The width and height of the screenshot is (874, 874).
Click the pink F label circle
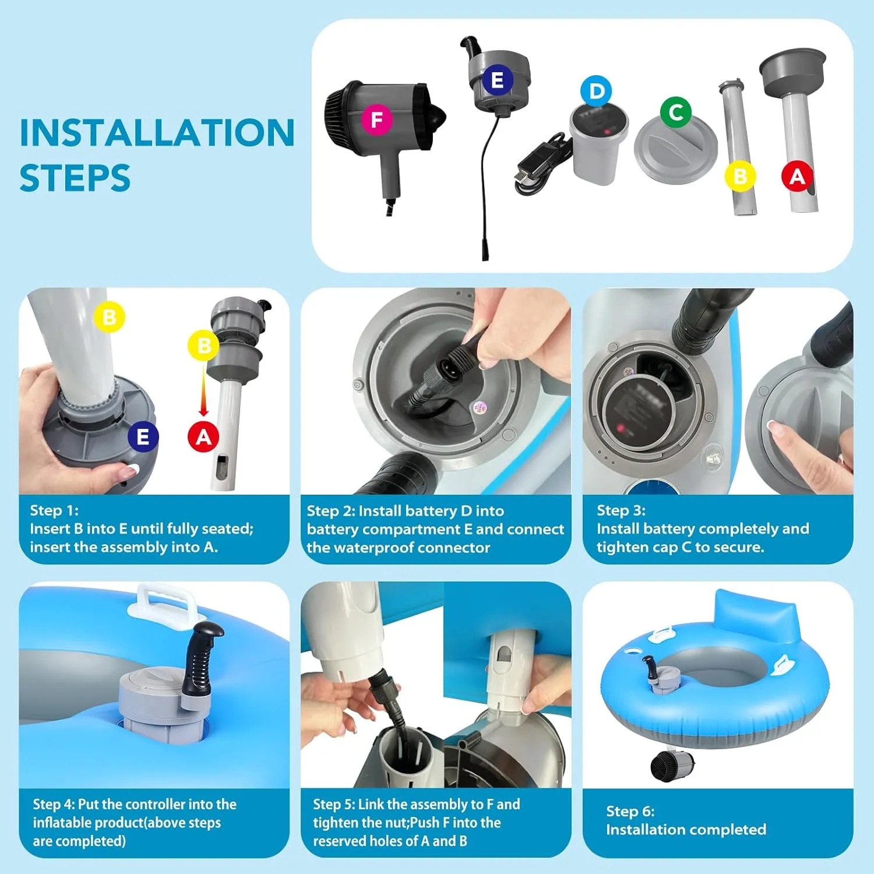tap(377, 120)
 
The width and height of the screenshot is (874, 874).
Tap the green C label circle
tap(676, 112)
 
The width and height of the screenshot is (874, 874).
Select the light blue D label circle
tap(597, 91)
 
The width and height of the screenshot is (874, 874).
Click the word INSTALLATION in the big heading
tap(157, 133)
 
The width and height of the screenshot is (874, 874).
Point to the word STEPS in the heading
tap(75, 178)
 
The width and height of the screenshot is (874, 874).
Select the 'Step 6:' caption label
tap(630, 811)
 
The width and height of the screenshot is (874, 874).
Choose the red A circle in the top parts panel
tap(797, 176)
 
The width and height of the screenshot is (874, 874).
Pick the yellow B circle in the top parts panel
tap(740, 176)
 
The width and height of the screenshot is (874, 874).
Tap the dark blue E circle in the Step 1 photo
tap(143, 437)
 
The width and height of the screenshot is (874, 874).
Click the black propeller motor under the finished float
tap(671, 765)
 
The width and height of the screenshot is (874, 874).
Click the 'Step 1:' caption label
tap(54, 510)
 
